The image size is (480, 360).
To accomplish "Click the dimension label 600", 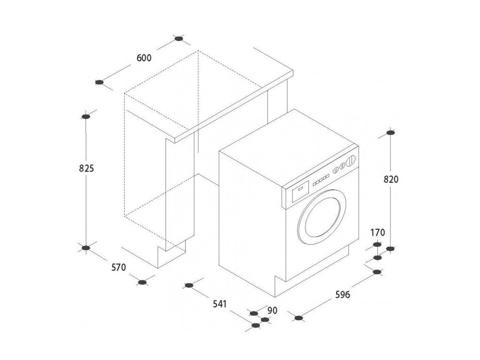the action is (144, 58).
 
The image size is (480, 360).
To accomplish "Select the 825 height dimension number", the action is (86, 168).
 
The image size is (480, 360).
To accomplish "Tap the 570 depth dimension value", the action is (119, 268).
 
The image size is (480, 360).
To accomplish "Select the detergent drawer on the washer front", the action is (300, 190).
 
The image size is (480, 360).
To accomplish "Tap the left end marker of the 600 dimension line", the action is (99, 82).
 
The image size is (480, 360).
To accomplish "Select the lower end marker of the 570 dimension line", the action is (143, 282).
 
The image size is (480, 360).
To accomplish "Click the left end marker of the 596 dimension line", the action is (299, 318).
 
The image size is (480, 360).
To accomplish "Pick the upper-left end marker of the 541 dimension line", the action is (189, 285).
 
